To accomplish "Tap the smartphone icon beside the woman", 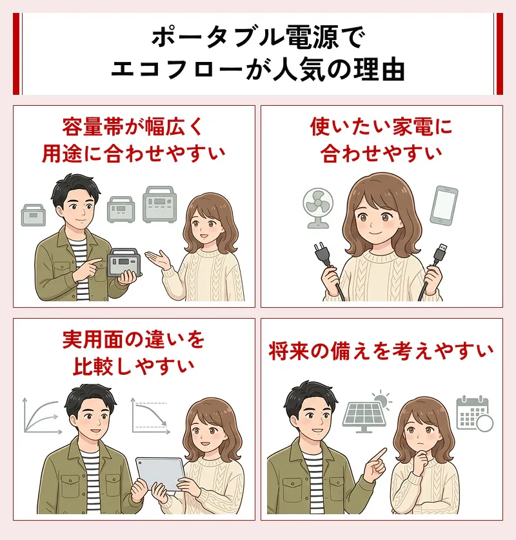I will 444,205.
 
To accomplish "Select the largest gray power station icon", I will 159,205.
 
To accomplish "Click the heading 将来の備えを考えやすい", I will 381,352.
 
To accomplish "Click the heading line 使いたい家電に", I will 381,126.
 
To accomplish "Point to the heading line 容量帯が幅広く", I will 133,126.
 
